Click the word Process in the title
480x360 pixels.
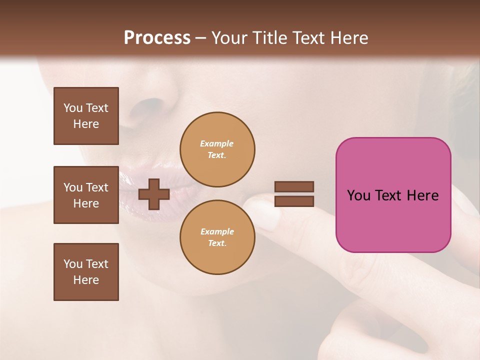pyautogui.click(x=157, y=38)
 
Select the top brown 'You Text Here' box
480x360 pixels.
pyautogui.click(x=86, y=116)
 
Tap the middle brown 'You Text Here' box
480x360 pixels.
pyautogui.click(x=86, y=195)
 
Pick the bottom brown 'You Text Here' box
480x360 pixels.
pyautogui.click(x=86, y=272)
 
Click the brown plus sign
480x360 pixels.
pyautogui.click(x=154, y=194)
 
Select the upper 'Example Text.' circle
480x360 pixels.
pyautogui.click(x=217, y=149)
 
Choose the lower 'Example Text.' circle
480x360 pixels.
pyautogui.click(x=217, y=237)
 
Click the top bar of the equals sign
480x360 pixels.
pyautogui.click(x=294, y=187)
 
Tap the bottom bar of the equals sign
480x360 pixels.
pyautogui.click(x=294, y=201)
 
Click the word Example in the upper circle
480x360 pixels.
pyautogui.click(x=217, y=143)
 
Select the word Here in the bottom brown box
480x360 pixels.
pyautogui.click(x=86, y=280)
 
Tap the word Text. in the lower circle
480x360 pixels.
pyautogui.click(x=217, y=243)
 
